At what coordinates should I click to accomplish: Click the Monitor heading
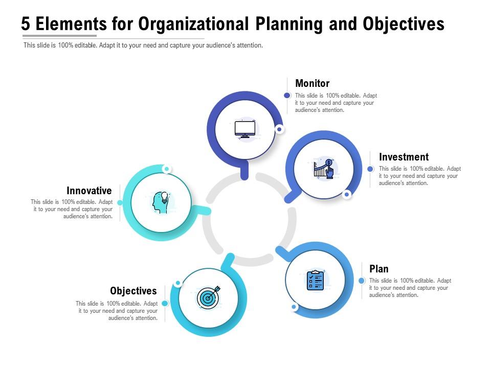312,83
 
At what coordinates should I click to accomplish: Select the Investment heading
404,157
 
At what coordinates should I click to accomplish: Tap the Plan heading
378,269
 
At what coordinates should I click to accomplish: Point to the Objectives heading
133,291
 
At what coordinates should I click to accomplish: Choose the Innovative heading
89,191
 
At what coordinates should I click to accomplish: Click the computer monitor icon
245,129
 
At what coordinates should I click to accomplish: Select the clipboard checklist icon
315,280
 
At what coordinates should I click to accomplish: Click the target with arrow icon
208,297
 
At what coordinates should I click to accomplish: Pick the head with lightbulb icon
161,202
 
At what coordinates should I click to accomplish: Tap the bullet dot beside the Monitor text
287,96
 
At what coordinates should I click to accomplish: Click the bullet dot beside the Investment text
370,169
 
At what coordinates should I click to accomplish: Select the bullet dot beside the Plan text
362,281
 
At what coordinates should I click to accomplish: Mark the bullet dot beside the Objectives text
165,304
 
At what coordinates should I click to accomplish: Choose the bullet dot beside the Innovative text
120,203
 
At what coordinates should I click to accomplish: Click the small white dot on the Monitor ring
279,129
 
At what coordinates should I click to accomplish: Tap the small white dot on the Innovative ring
166,169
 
